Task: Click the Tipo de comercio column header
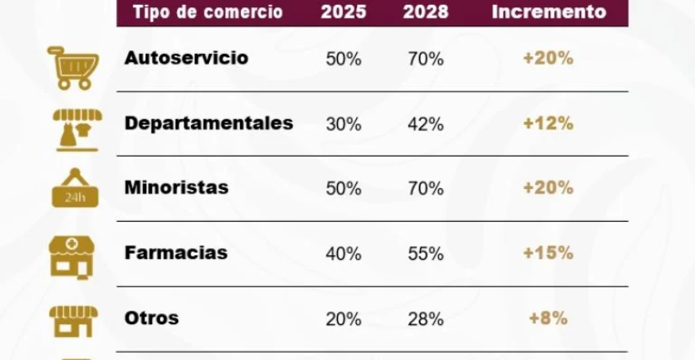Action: [208, 12]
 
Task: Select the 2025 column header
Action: [344, 12]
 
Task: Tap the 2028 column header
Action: [425, 12]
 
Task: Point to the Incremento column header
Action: [549, 12]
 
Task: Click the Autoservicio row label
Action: [186, 58]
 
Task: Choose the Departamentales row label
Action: [208, 123]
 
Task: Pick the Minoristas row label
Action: [177, 188]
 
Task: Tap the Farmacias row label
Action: [176, 253]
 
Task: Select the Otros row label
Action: [152, 318]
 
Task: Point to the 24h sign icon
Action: [74, 188]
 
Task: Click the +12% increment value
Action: [548, 124]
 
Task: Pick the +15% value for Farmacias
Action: [548, 253]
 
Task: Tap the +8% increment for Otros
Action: [548, 318]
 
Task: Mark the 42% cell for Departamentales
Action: [425, 125]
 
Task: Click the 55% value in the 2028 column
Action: [425, 254]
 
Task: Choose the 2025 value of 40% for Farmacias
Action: [344, 254]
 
